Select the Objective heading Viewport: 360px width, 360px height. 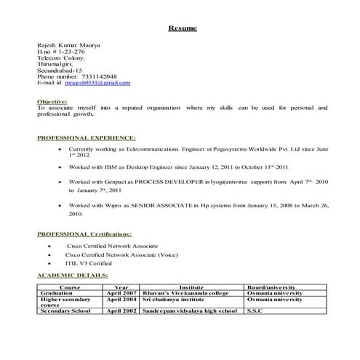(x=52, y=101)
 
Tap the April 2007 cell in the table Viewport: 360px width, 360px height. (x=121, y=292)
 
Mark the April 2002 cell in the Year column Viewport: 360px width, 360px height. (x=121, y=311)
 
